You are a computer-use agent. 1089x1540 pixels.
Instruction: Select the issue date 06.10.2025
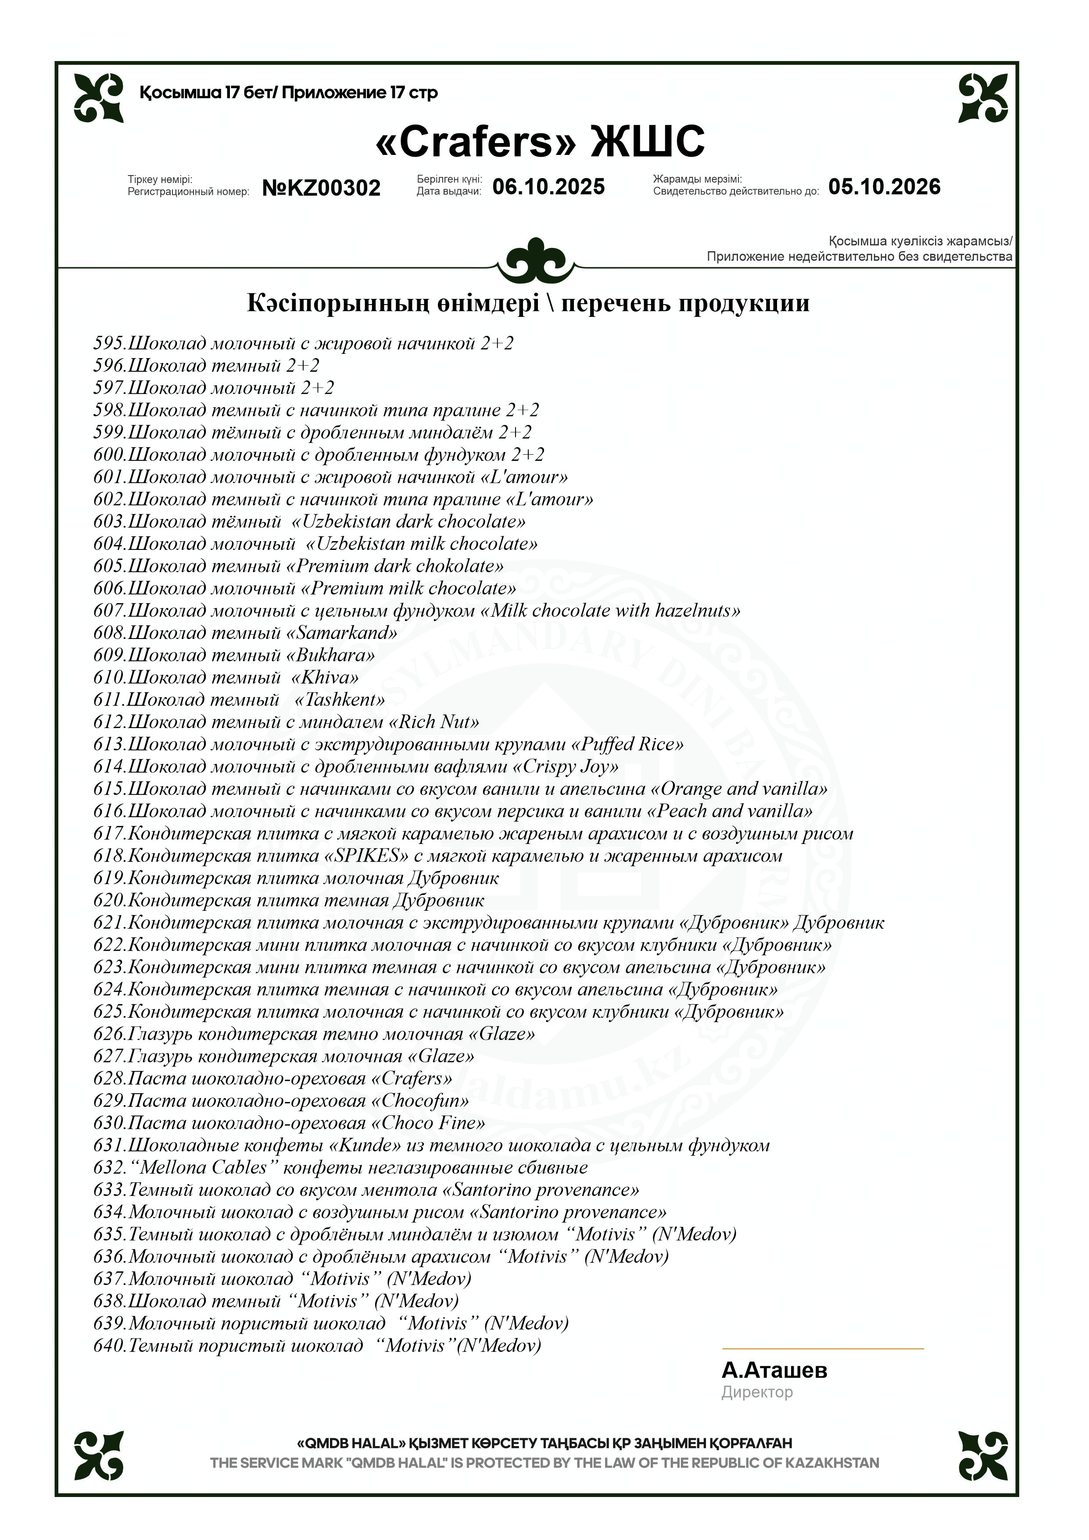coord(548,187)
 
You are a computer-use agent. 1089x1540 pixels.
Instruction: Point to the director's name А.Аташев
coord(774,1370)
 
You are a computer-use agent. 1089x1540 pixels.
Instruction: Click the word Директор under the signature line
coord(756,1393)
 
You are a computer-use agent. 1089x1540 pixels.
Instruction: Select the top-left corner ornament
coord(99,98)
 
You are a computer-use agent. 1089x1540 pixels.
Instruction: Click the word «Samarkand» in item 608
coord(342,632)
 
